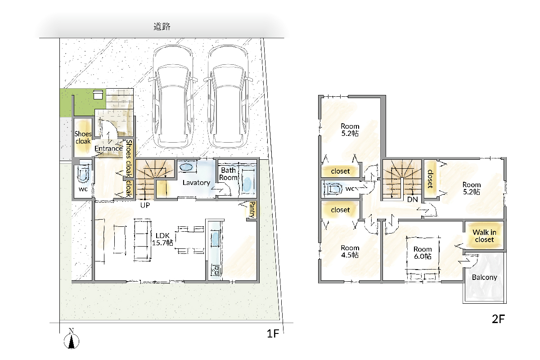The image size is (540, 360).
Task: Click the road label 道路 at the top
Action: pyautogui.click(x=162, y=26)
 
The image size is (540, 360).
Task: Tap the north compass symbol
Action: pyautogui.click(x=72, y=339)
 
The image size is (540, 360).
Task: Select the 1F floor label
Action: pyautogui.click(x=273, y=334)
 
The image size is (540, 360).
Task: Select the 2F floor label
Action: pyautogui.click(x=498, y=319)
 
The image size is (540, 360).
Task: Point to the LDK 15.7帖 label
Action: pyautogui.click(x=162, y=239)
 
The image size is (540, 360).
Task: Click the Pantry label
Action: pyautogui.click(x=252, y=210)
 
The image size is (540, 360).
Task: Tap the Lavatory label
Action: pyautogui.click(x=196, y=183)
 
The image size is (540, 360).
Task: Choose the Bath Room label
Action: pyautogui.click(x=228, y=174)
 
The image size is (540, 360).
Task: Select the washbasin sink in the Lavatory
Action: pyautogui.click(x=186, y=167)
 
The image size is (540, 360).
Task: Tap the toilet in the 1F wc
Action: pyautogui.click(x=83, y=173)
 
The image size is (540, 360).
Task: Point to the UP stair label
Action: pyautogui.click(x=145, y=205)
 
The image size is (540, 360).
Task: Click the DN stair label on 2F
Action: pyautogui.click(x=413, y=199)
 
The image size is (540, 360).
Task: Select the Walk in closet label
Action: pyautogui.click(x=485, y=236)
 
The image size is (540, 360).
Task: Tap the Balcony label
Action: pyautogui.click(x=485, y=277)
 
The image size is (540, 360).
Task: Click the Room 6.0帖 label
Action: pyautogui.click(x=423, y=252)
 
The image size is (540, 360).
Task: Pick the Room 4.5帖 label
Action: pyautogui.click(x=350, y=251)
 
